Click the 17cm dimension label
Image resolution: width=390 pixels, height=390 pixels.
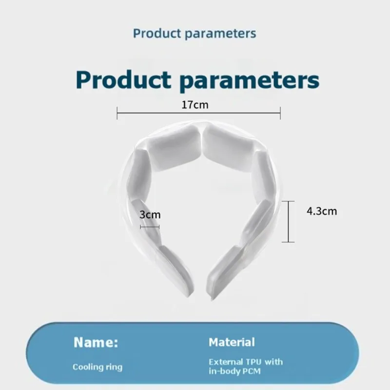click(195, 105)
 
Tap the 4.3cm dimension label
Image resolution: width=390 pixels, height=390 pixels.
click(322, 211)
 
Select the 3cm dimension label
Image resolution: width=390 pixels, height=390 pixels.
click(150, 214)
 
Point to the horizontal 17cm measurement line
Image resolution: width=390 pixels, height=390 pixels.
click(199, 113)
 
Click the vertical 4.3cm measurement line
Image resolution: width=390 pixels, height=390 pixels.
click(288, 221)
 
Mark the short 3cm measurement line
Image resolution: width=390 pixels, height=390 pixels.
click(150, 227)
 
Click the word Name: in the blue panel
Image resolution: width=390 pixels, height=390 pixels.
click(96, 342)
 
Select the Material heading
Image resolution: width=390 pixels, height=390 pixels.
click(232, 342)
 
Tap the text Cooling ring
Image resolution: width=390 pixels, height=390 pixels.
click(97, 367)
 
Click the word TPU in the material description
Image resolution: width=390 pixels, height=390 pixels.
click(253, 362)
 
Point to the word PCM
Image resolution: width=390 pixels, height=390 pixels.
click(252, 371)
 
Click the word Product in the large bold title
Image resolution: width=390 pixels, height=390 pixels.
click(123, 80)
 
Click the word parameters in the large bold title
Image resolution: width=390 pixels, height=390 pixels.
click(250, 81)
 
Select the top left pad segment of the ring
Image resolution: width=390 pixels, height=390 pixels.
click(175, 148)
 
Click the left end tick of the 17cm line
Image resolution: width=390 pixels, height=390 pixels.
click(117, 113)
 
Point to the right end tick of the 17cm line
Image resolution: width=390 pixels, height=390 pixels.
click(280, 113)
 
